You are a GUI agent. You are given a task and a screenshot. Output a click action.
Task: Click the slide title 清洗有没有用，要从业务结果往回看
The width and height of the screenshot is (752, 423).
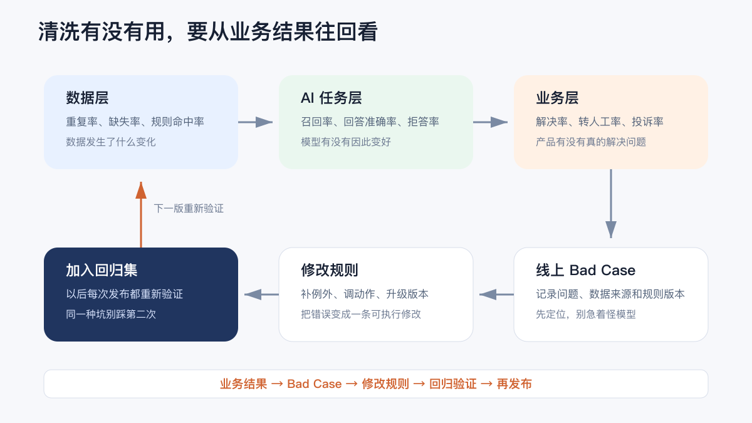(x=208, y=31)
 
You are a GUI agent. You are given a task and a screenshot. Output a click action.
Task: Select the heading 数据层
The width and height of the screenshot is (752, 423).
(x=87, y=98)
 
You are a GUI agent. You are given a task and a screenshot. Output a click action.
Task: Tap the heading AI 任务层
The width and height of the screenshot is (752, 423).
(x=331, y=98)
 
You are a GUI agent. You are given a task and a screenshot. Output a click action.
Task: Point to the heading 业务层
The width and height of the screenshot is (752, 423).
(x=557, y=98)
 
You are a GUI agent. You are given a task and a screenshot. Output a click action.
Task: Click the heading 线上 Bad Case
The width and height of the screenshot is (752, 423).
(x=585, y=270)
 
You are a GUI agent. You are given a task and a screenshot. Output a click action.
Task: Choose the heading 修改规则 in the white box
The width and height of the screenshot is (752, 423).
(x=330, y=270)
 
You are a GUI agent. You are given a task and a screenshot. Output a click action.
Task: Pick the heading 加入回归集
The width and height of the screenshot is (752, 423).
(x=102, y=270)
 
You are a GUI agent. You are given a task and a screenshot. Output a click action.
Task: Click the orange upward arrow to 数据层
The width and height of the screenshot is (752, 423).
(x=141, y=214)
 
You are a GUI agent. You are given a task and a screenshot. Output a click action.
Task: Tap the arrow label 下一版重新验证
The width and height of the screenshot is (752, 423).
(x=189, y=209)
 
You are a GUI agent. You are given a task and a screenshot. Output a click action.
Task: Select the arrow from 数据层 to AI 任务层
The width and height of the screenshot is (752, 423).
(x=256, y=122)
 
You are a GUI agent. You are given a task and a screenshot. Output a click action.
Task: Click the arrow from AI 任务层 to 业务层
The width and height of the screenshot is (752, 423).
(x=491, y=122)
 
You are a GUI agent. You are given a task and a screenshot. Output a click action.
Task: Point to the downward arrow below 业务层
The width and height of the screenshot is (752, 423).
(x=611, y=204)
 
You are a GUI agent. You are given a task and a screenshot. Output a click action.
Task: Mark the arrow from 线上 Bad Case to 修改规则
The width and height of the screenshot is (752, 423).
(x=496, y=295)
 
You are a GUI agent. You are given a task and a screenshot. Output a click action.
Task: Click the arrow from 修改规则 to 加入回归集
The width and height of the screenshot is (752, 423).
(x=261, y=295)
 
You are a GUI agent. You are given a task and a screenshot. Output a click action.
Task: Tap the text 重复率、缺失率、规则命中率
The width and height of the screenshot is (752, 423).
(x=135, y=122)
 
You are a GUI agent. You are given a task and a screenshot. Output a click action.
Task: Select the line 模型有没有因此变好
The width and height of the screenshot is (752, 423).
(x=346, y=142)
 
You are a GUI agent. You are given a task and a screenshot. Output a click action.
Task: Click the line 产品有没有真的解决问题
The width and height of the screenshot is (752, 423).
(x=591, y=142)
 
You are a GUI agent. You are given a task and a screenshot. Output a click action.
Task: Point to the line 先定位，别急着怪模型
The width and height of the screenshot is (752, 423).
(x=586, y=314)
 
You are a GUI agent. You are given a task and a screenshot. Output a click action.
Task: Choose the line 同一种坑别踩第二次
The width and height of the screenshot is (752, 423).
(x=111, y=314)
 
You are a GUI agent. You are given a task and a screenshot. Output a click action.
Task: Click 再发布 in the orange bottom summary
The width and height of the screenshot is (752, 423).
(x=514, y=384)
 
